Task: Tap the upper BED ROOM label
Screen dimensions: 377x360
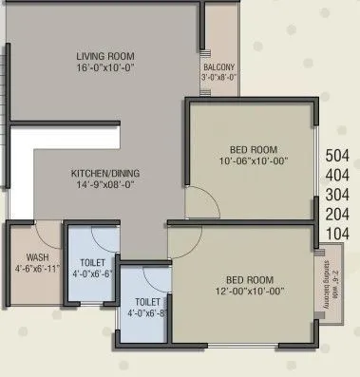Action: [x=252, y=149]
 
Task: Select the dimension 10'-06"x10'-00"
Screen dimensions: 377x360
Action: [x=252, y=161]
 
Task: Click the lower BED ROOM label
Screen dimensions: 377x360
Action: [x=249, y=280]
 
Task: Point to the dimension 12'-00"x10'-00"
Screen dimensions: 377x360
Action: [x=249, y=292]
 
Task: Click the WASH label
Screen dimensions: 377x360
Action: [x=23, y=256]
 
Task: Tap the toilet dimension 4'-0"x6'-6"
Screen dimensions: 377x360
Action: [x=93, y=273]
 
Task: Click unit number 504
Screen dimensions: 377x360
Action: [x=338, y=155]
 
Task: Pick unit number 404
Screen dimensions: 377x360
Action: [x=338, y=174]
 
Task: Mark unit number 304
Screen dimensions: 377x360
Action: [x=338, y=194]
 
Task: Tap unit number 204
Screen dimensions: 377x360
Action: [x=338, y=213]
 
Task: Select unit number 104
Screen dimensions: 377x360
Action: [x=338, y=233]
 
